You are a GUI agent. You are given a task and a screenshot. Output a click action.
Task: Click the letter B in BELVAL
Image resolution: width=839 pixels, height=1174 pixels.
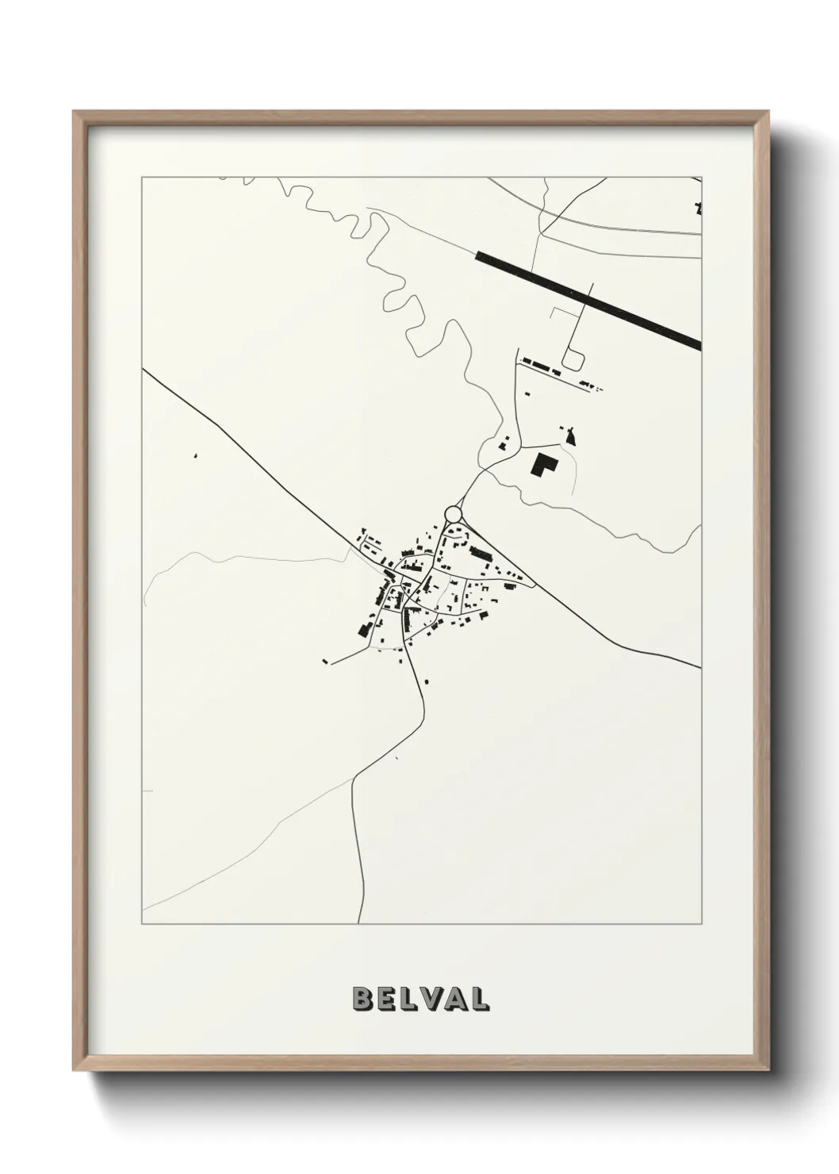tap(362, 999)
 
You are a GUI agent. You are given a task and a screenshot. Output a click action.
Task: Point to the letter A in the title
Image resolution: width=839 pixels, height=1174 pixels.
tap(453, 999)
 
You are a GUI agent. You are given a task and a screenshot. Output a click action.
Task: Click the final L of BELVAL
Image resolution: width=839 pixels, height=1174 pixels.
tap(478, 999)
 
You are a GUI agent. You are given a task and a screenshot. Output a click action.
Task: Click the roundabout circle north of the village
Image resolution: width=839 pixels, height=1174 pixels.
tap(454, 514)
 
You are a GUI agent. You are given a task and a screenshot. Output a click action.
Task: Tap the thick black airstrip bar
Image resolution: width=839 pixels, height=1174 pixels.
tap(588, 299)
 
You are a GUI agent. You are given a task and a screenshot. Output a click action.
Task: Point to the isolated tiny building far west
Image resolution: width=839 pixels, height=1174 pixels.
tap(195, 456)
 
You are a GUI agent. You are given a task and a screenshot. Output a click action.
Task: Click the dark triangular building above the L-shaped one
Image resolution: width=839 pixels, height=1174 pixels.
tap(569, 434)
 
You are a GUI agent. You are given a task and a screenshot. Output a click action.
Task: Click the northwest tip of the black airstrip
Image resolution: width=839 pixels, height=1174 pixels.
tap(477, 255)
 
